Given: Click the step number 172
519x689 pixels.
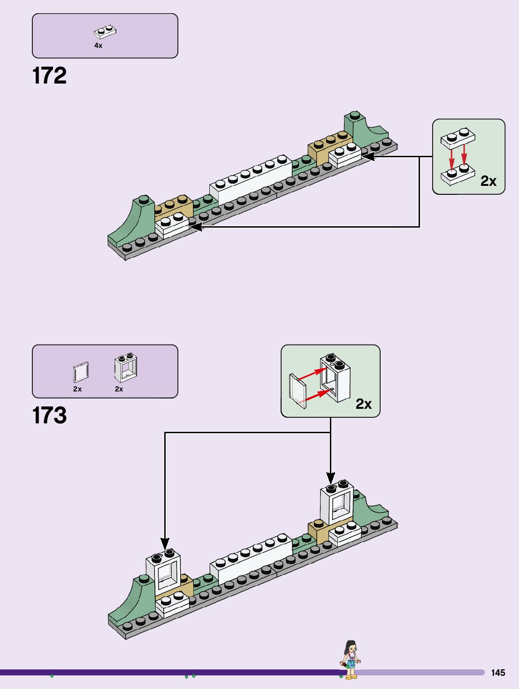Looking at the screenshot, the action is [49, 76].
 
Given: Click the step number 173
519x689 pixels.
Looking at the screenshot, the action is [49, 415].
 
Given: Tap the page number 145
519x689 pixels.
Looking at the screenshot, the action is [498, 673].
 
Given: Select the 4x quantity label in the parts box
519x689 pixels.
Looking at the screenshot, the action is [98, 46].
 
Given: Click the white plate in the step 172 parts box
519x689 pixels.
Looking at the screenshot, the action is [105, 32].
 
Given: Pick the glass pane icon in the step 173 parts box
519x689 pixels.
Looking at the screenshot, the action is [81, 372].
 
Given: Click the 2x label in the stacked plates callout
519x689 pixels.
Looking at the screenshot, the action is [488, 181].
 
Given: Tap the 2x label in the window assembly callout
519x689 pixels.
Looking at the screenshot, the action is [363, 404].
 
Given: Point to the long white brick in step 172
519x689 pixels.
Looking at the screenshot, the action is [251, 180].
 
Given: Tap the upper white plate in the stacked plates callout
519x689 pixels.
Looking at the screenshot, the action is [458, 138].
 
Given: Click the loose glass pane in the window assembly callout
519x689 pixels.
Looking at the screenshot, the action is [298, 391].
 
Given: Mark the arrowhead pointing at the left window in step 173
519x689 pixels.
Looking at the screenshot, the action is [165, 544].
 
